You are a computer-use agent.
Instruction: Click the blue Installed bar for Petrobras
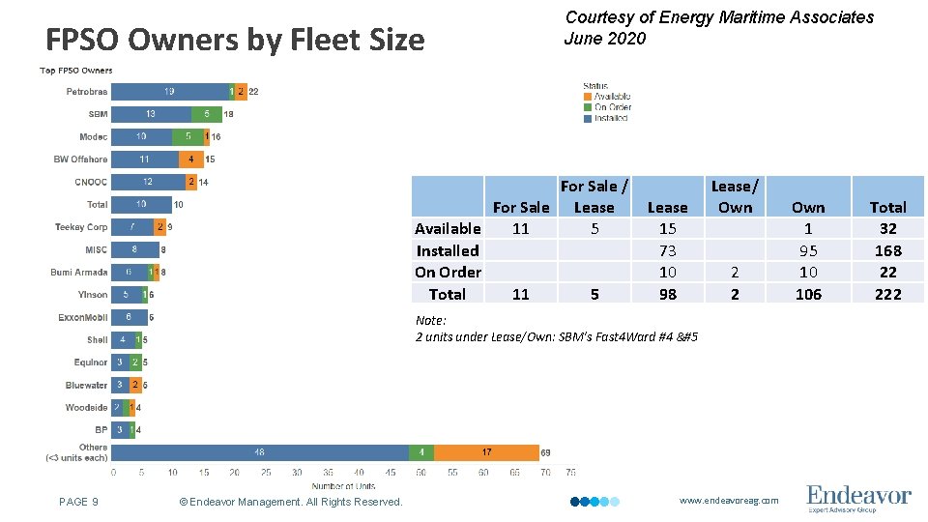point(169,92)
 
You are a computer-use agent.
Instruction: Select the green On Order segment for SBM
point(206,114)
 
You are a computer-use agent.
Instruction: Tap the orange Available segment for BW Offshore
point(191,159)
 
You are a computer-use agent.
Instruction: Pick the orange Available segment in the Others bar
point(486,452)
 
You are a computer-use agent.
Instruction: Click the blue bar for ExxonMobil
point(129,317)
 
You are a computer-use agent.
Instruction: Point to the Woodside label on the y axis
point(87,408)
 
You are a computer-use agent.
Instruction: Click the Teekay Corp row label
point(81,227)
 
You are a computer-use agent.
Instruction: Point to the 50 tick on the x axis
point(421,473)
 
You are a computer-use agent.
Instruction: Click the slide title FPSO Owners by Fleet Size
point(235,41)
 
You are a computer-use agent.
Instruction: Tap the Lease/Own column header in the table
point(735,196)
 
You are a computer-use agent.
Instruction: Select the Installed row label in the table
point(448,250)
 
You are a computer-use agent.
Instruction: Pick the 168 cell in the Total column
point(887,250)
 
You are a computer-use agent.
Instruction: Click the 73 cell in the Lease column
point(667,250)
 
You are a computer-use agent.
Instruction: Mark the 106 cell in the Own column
point(808,294)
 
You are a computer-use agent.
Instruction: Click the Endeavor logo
point(858,498)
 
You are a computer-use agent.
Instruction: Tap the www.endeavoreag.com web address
point(728,501)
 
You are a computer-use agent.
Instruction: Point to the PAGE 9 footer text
point(78,502)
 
